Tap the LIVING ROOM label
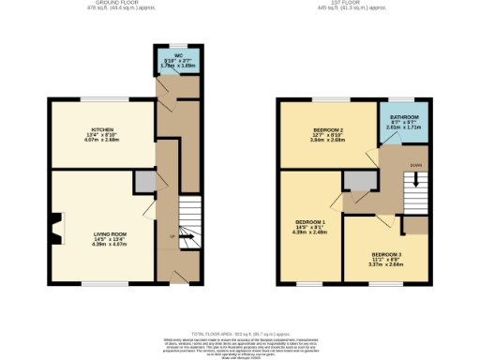click(110, 234)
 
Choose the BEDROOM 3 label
click(387, 254)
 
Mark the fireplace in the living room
click(56, 225)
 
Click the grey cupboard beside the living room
click(143, 181)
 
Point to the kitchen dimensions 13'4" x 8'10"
click(102, 135)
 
